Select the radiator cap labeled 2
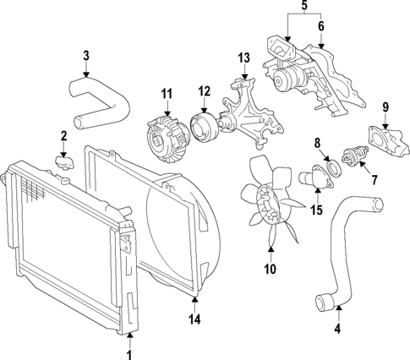pos(63,160)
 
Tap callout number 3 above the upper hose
pos(85,56)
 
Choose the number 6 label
pos(320,26)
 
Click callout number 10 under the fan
pos(270,270)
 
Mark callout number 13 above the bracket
pos(244,58)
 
